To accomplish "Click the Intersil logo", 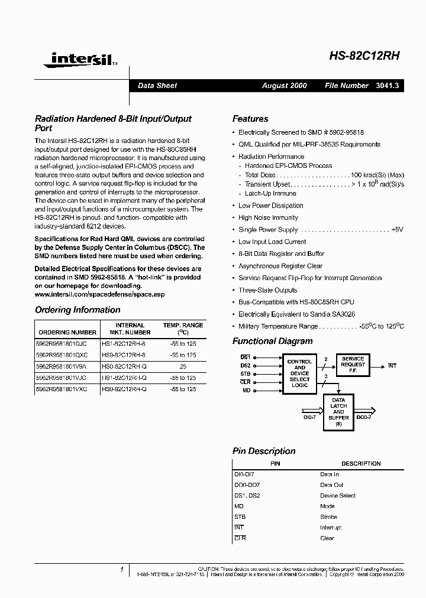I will (76, 58).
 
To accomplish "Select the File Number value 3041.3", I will (388, 86).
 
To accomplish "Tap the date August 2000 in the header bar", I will (285, 86).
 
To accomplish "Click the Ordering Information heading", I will (78, 310).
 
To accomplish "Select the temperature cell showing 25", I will (183, 366).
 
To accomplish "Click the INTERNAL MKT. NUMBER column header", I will (130, 329).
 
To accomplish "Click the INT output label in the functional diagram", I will (392, 366).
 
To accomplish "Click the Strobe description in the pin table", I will (330, 516).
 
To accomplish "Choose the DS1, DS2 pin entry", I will (247, 495).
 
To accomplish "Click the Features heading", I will (250, 119).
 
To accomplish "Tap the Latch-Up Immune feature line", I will (270, 193).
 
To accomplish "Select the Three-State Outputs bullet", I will (267, 290).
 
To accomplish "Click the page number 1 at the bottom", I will (121, 570).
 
